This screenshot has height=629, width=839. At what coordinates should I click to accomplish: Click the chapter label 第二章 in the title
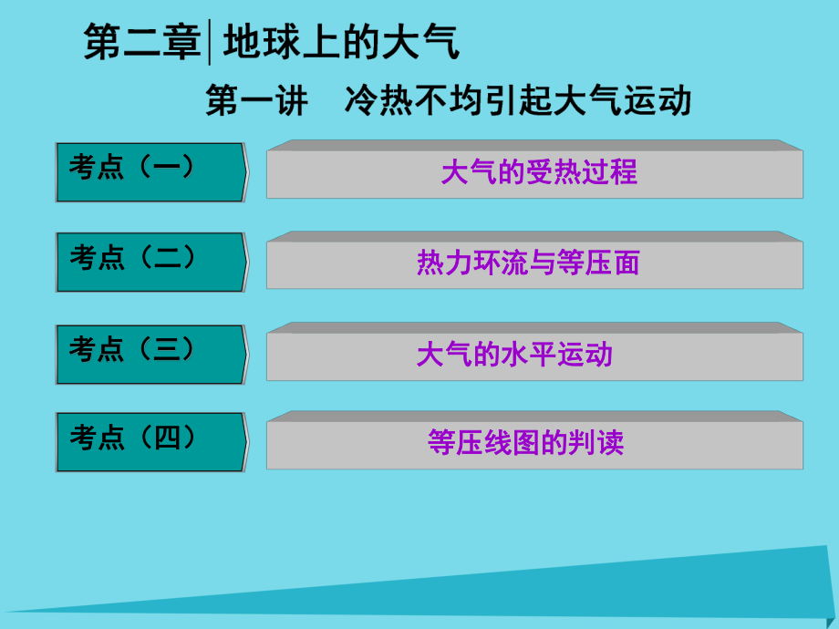tap(141, 43)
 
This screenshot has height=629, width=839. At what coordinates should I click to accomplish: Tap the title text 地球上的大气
tap(341, 43)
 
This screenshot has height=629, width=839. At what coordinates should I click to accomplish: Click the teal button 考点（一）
tap(150, 171)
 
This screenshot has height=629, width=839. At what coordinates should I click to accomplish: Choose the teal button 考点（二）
tap(150, 262)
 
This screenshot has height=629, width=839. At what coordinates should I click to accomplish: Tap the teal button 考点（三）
tap(150, 353)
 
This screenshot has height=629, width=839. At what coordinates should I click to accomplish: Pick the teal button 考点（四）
tap(150, 442)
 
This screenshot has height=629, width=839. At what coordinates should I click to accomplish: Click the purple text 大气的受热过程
tap(539, 172)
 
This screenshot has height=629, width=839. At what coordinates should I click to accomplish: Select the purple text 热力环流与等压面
tap(528, 263)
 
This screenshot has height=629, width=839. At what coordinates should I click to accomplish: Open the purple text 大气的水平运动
tap(514, 354)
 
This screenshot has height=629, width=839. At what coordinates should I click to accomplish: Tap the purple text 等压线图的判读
tap(526, 444)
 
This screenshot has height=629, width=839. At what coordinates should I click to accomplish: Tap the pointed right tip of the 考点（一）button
tap(245, 171)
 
